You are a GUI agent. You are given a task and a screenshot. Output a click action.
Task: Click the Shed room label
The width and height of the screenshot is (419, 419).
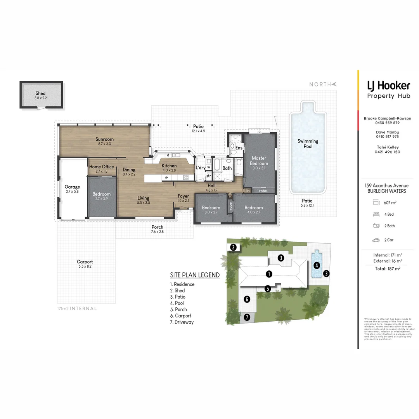click(40, 93)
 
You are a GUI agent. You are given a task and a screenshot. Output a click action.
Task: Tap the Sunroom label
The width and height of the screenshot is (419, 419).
click(105, 139)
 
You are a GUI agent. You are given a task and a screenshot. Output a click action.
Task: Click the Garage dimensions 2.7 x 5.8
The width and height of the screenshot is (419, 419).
click(73, 192)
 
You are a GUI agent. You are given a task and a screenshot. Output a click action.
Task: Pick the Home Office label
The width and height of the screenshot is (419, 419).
click(102, 167)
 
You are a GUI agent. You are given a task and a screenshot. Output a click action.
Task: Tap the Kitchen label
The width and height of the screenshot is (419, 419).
click(169, 166)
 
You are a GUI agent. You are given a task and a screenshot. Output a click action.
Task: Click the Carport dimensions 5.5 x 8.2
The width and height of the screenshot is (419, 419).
click(85, 267)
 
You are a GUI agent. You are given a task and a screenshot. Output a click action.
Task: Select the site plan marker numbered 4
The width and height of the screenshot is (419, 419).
click(317, 265)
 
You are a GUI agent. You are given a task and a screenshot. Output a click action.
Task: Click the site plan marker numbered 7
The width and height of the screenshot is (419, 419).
click(247, 317)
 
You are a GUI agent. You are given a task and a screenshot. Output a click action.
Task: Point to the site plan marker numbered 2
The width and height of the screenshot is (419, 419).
click(233, 247)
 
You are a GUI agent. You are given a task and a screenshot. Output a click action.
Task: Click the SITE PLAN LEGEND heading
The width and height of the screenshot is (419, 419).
click(195, 275)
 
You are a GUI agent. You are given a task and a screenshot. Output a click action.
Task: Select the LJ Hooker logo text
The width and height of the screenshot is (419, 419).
click(388, 85)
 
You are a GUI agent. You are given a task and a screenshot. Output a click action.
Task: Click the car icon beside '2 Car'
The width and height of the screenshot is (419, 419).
click(376, 240)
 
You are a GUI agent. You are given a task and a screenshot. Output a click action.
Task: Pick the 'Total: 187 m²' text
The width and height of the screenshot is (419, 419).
click(387, 268)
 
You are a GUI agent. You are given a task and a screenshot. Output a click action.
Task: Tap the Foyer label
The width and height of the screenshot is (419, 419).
click(183, 196)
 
